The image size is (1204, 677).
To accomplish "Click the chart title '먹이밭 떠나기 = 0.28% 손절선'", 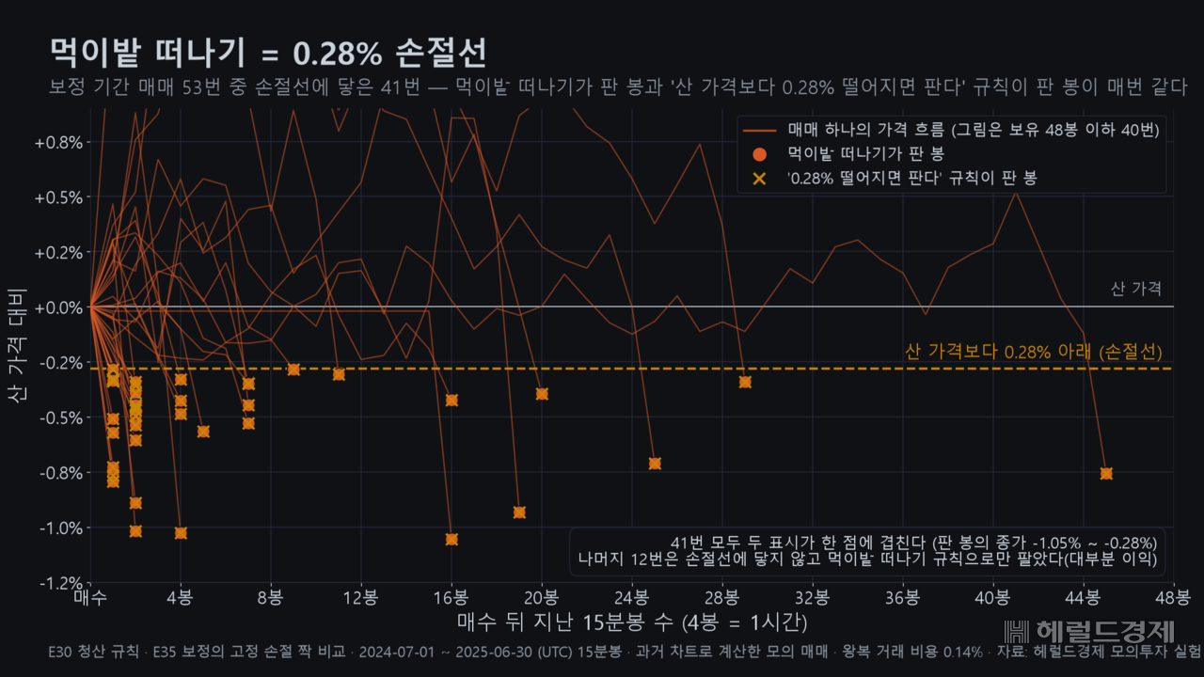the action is [x=268, y=53].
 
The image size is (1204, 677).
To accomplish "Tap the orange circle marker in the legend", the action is [x=759, y=155].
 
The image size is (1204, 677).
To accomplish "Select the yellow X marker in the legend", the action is [x=759, y=179].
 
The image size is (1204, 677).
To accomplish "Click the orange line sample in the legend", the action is [x=759, y=131].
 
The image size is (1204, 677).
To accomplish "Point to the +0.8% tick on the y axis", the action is [x=58, y=143].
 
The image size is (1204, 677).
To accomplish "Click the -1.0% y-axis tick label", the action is [x=61, y=528].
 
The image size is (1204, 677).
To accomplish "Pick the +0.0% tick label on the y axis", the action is [x=58, y=307].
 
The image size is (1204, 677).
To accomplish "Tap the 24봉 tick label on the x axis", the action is [x=631, y=597].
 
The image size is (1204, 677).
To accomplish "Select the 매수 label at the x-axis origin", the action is [x=90, y=597].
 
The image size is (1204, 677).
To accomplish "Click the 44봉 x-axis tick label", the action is [x=1083, y=597].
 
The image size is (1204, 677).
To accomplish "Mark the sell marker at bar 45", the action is [x=1106, y=473].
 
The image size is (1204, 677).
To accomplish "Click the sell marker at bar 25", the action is [x=655, y=464].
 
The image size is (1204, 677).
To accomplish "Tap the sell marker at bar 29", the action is [x=745, y=382].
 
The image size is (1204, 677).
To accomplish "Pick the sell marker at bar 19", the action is [x=519, y=512].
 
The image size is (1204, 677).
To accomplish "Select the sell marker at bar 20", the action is [x=542, y=394].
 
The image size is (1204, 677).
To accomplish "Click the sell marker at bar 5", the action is [x=203, y=432].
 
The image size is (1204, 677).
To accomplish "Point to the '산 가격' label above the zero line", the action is [x=1136, y=289].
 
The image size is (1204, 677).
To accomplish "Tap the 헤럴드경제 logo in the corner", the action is [x=1089, y=631].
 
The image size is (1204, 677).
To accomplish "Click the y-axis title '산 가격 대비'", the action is [x=17, y=345].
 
